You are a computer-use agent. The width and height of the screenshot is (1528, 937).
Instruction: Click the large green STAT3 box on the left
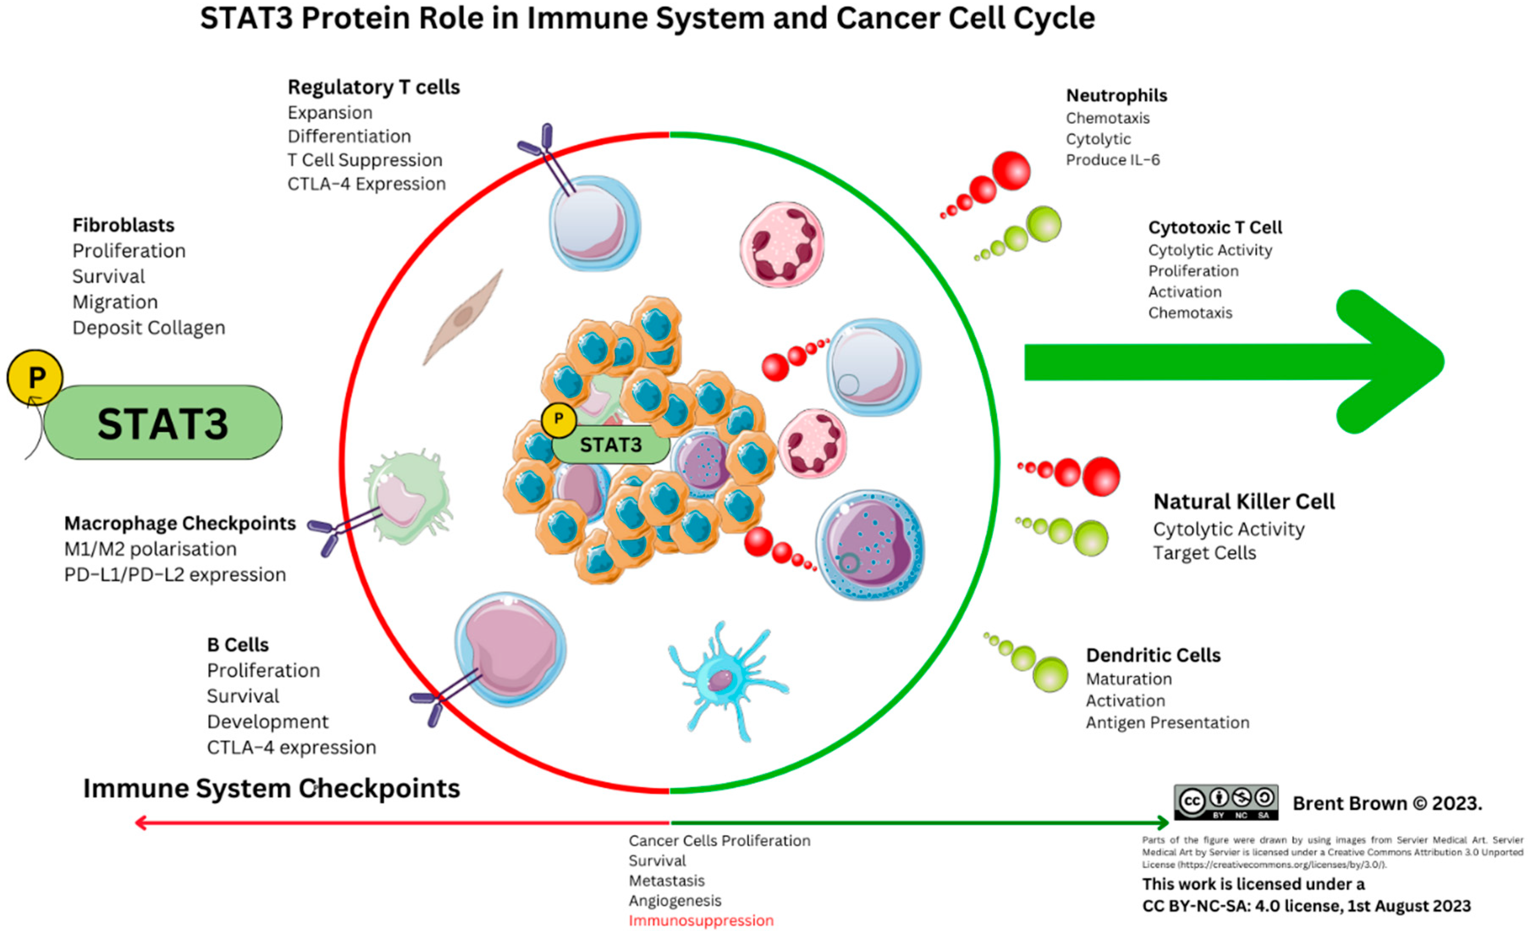point(162,423)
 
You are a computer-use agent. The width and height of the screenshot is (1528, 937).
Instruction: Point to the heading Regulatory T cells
point(373,88)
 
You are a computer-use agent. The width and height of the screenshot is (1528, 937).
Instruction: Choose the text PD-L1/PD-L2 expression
point(175,575)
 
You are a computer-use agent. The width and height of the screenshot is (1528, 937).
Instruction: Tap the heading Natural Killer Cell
point(1243,501)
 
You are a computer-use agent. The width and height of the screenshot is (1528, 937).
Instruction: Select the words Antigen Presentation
point(1167,723)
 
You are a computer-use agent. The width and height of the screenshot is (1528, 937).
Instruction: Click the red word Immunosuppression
point(701,920)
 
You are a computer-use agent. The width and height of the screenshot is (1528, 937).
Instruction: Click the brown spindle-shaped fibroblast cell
point(463,317)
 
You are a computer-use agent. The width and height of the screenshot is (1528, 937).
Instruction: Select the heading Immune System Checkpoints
point(271,789)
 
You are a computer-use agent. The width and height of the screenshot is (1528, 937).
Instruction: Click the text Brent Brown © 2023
point(1387,804)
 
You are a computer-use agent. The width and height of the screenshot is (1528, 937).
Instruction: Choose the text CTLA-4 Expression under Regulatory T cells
point(366,184)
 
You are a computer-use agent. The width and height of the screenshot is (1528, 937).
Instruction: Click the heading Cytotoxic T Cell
point(1214,228)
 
